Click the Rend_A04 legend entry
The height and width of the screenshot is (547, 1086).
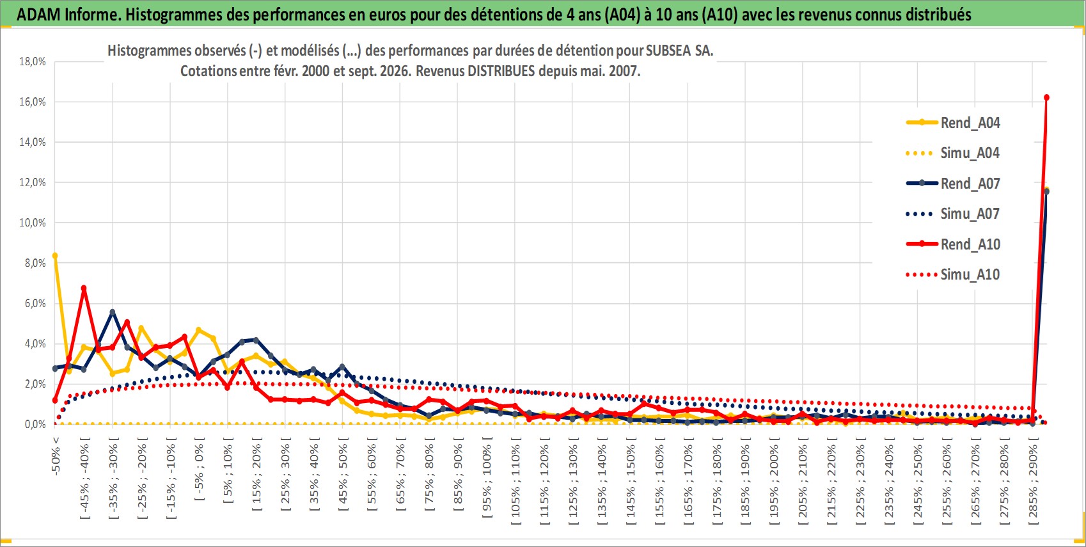point(953,123)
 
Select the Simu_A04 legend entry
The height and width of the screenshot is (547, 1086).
point(953,154)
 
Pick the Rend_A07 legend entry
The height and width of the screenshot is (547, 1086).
point(953,184)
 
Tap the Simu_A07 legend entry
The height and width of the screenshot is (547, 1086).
point(953,214)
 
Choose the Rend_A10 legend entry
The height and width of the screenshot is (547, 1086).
point(953,244)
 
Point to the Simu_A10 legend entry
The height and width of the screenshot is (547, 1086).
point(953,274)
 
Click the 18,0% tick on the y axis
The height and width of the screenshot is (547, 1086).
point(33,61)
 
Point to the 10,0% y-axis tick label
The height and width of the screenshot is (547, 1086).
point(33,223)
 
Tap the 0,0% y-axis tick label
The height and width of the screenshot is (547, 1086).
point(35,424)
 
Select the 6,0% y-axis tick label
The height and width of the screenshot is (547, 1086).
point(35,303)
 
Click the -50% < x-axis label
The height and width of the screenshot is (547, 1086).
point(55,456)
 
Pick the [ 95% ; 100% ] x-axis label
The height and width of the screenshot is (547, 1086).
point(487,477)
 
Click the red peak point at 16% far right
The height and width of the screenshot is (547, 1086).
point(1046,97)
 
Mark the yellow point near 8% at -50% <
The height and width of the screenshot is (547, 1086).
point(55,255)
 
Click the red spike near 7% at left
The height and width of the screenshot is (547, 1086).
point(84,288)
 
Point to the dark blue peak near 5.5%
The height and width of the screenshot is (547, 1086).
point(113,312)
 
